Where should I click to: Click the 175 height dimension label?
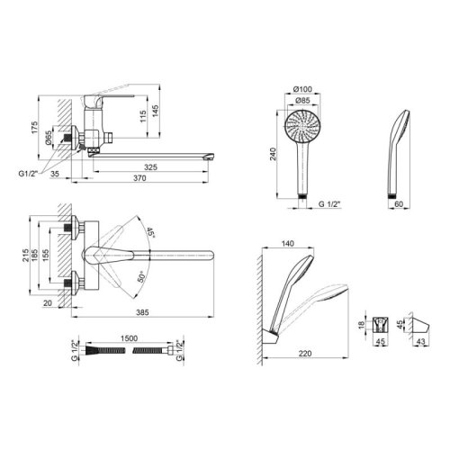coord(35,128)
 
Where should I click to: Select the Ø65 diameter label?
coord(49,138)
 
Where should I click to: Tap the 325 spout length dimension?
coord(150,167)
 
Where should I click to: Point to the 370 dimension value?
coord(139,178)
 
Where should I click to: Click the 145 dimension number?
coord(156,112)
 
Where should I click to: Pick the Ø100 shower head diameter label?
coord(302,89)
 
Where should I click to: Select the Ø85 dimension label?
coord(302,101)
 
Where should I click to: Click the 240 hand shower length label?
coord(273,154)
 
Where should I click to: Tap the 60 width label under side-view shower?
coord(399,204)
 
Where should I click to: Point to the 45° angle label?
coord(150,233)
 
